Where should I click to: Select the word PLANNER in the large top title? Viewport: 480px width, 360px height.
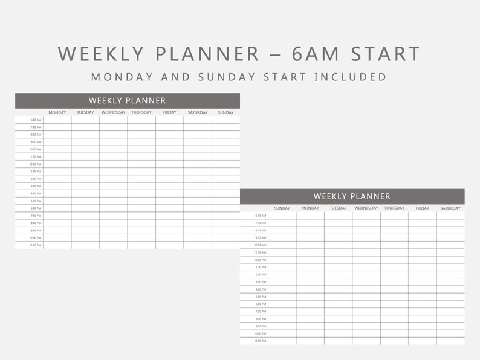point(207,54)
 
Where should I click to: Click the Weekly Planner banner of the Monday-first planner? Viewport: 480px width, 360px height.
point(127,101)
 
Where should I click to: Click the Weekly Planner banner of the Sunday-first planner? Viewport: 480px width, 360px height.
point(352,196)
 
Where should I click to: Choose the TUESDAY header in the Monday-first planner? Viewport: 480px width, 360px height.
point(85,112)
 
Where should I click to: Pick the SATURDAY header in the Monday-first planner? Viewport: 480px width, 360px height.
point(198,112)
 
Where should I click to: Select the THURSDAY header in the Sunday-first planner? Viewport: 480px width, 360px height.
point(394,208)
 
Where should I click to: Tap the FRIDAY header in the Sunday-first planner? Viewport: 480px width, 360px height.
point(423,208)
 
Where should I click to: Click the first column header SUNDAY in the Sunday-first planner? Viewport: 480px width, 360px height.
point(282,208)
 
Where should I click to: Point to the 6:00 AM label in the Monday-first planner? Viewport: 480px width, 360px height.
point(36,120)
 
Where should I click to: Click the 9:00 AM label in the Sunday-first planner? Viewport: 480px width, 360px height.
point(261,238)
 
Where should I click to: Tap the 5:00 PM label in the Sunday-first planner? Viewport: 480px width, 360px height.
point(261,297)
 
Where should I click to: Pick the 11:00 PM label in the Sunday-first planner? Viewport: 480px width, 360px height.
point(260,341)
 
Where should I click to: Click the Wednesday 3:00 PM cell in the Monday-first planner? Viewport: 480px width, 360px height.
point(114,186)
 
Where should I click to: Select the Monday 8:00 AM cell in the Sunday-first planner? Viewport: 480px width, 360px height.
point(310,230)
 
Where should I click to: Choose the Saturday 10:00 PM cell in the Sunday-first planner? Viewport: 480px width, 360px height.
point(450,333)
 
